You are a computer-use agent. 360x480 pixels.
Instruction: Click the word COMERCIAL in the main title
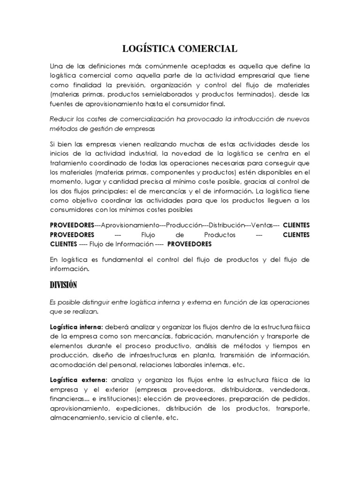coord(208,48)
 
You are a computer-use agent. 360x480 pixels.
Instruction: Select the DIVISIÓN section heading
coord(63,285)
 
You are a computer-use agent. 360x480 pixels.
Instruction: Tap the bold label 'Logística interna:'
coord(77,326)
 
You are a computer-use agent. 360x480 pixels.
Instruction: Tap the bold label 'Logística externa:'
coord(78,379)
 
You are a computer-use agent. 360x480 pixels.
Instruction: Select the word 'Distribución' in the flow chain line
coord(226,225)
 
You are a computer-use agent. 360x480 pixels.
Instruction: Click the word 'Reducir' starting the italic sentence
coord(62,119)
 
